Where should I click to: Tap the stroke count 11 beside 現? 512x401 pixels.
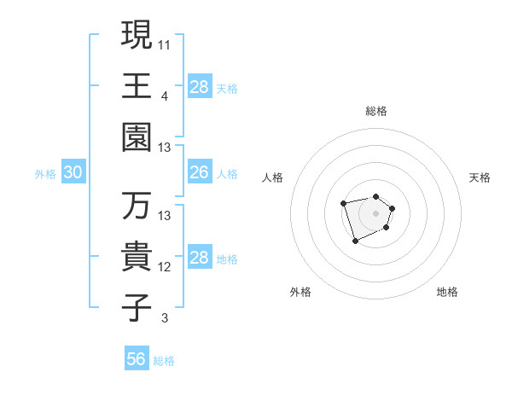165,44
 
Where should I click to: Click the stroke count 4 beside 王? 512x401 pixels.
164,96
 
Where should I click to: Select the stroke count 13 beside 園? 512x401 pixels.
165,147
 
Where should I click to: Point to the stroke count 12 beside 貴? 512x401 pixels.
165,266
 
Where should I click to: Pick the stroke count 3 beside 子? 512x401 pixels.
164,318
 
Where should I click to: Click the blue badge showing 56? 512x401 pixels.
137,359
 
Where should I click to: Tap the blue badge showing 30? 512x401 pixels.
73,173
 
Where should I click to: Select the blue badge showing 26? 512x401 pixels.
200,173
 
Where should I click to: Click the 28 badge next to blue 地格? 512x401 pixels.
200,258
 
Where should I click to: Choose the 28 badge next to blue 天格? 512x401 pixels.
200,87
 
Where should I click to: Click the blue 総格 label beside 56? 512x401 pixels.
164,361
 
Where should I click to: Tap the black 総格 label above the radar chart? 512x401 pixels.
375,111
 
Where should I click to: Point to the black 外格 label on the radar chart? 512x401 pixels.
300,292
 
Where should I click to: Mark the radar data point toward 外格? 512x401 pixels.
356,241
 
